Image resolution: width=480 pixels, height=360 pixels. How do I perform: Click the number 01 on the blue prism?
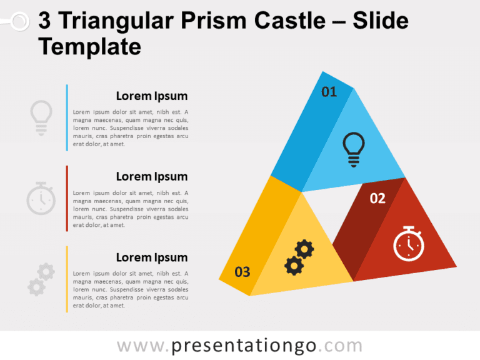point(329,92)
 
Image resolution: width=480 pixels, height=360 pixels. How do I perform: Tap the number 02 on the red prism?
point(377,199)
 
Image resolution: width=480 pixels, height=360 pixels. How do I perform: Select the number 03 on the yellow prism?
point(242,272)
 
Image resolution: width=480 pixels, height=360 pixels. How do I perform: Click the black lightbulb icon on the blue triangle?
point(354,149)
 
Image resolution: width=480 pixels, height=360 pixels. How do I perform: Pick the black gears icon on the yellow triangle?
point(299,257)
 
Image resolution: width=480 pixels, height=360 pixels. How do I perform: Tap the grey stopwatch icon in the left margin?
point(41,198)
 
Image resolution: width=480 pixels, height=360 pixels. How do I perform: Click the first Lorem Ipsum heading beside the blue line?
point(152,96)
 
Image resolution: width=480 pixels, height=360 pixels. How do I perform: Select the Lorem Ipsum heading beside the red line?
point(152,177)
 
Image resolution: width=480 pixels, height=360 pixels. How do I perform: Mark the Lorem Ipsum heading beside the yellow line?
point(152,257)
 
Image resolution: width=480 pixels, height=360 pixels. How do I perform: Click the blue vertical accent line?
point(67,117)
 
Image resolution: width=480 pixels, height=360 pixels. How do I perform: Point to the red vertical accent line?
point(67,198)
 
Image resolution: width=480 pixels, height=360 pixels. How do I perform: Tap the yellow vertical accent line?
point(67,279)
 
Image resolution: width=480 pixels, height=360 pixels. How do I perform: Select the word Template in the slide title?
point(90,47)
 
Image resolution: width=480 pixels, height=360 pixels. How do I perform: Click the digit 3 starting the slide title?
point(45,22)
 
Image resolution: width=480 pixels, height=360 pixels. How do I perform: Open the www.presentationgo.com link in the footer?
point(240,346)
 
